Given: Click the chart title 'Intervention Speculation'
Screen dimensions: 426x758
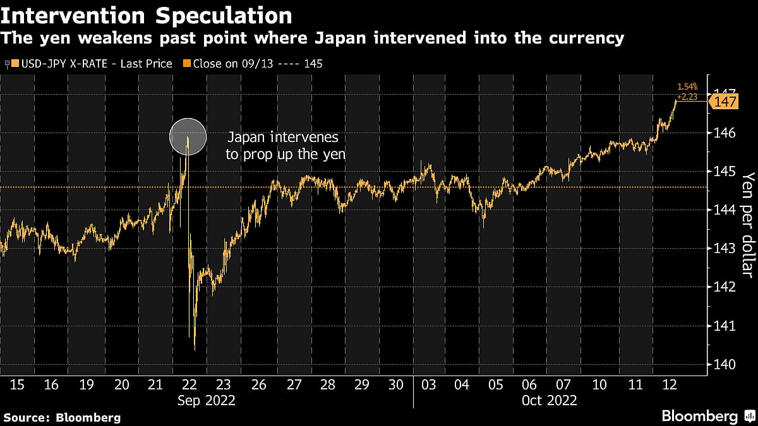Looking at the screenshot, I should [x=147, y=15].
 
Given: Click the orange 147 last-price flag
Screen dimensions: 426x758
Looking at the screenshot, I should [x=724, y=102].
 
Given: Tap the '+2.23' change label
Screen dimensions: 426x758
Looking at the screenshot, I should [x=689, y=97].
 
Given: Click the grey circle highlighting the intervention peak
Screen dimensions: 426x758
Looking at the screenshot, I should [x=188, y=137].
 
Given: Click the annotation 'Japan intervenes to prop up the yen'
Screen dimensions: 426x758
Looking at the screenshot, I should [x=286, y=145].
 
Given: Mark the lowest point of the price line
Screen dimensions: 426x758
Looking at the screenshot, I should [x=195, y=350].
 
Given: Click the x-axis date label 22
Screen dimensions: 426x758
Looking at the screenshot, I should [x=189, y=384].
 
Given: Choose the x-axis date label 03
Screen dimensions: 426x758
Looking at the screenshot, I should [x=429, y=384].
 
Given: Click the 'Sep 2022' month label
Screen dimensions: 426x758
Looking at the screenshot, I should [x=206, y=400].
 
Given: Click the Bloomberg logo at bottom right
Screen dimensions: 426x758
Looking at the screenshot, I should [x=699, y=416].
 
